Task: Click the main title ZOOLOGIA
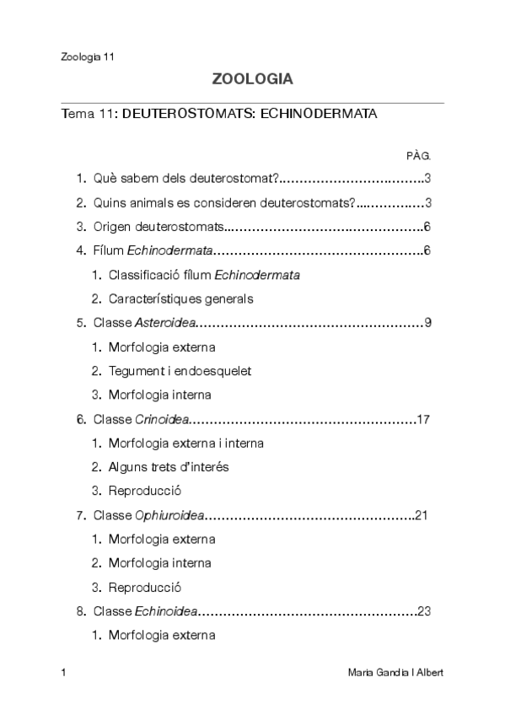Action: pyautogui.click(x=252, y=80)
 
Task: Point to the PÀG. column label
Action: pyautogui.click(x=418, y=155)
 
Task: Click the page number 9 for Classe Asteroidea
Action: pyautogui.click(x=428, y=323)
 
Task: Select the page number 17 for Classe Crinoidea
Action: pyautogui.click(x=424, y=419)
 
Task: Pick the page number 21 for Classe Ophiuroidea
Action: pyautogui.click(x=423, y=515)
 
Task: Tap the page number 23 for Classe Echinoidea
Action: pyautogui.click(x=424, y=611)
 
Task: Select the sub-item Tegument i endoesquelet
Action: pyautogui.click(x=180, y=371)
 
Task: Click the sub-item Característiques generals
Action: pyautogui.click(x=180, y=298)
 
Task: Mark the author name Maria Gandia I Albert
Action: pyautogui.click(x=395, y=673)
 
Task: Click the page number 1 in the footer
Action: pyautogui.click(x=64, y=673)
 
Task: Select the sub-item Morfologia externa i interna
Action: pyautogui.click(x=185, y=444)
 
